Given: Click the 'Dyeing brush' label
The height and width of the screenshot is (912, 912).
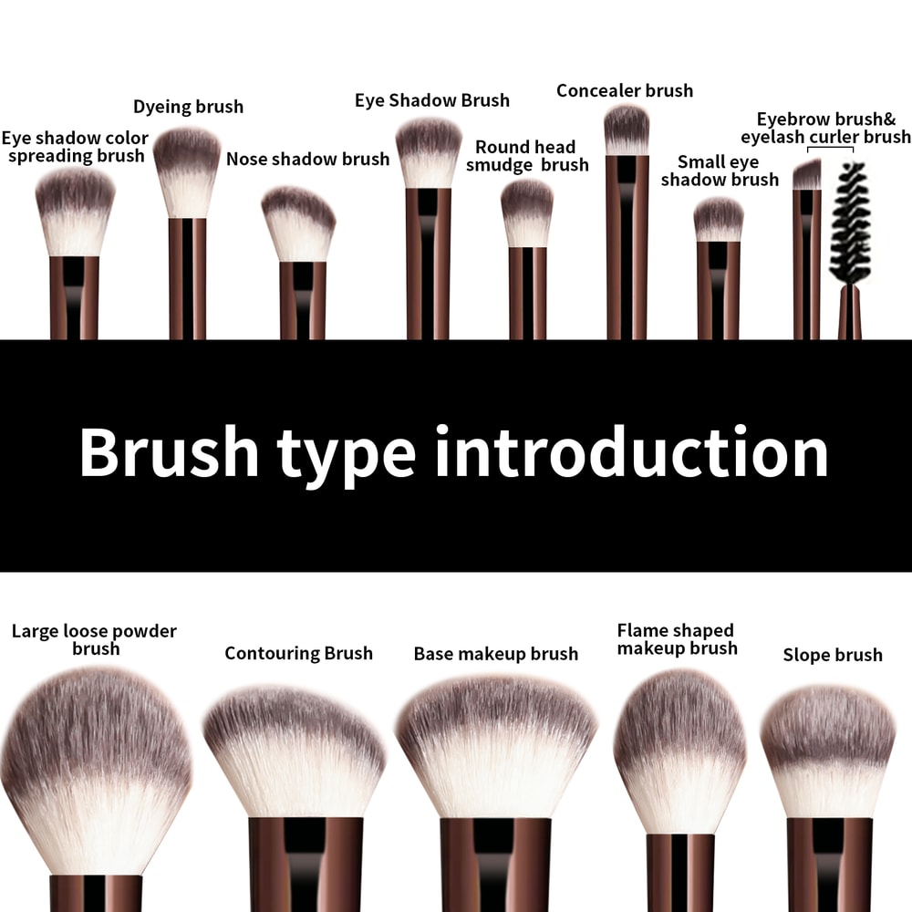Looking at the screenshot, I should coord(188,107).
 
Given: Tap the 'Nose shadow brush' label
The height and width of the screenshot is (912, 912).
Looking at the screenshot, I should coord(307,159).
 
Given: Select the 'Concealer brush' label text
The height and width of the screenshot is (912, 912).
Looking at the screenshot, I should coord(625,90).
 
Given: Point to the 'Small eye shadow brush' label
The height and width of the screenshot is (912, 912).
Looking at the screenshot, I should coord(720,171).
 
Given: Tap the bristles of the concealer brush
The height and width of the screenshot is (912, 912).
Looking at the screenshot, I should coord(627,130).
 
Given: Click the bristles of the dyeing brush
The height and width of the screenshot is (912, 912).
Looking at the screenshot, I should coord(187,171).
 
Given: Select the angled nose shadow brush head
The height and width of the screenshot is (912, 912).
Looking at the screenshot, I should coord(298,223).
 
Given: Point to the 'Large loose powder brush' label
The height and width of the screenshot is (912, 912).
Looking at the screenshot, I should coord(95,639).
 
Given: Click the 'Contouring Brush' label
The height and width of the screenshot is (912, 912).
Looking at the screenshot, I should coord(298,653).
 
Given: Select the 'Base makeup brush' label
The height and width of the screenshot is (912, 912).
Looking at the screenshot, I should coord(495,654).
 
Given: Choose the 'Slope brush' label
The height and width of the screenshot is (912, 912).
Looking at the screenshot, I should coord(833,655).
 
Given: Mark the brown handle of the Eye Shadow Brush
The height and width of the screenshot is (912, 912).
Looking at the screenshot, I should coord(429,264).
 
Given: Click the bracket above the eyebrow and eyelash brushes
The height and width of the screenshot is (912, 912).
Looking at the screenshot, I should coord(831,148).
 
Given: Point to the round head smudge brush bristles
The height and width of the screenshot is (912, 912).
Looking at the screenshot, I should coord(527,212).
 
